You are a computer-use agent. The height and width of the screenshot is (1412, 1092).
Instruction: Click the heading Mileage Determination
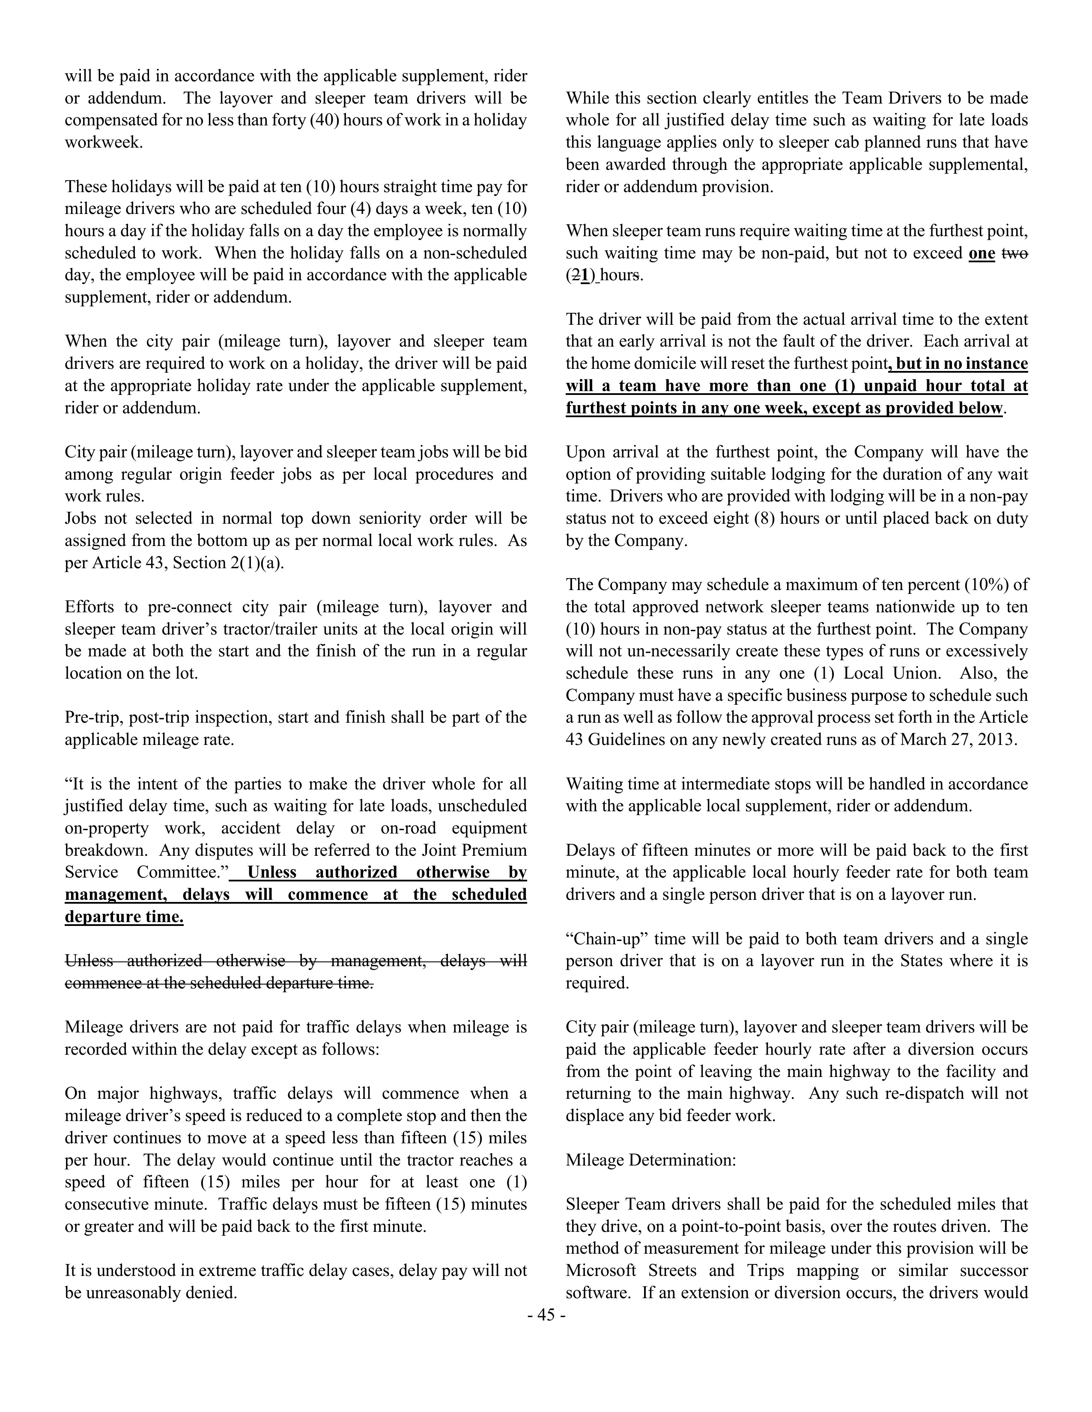[651, 1160]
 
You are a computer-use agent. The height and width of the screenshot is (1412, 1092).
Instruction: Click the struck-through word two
[1014, 253]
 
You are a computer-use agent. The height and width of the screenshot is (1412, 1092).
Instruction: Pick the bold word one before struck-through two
[982, 253]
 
